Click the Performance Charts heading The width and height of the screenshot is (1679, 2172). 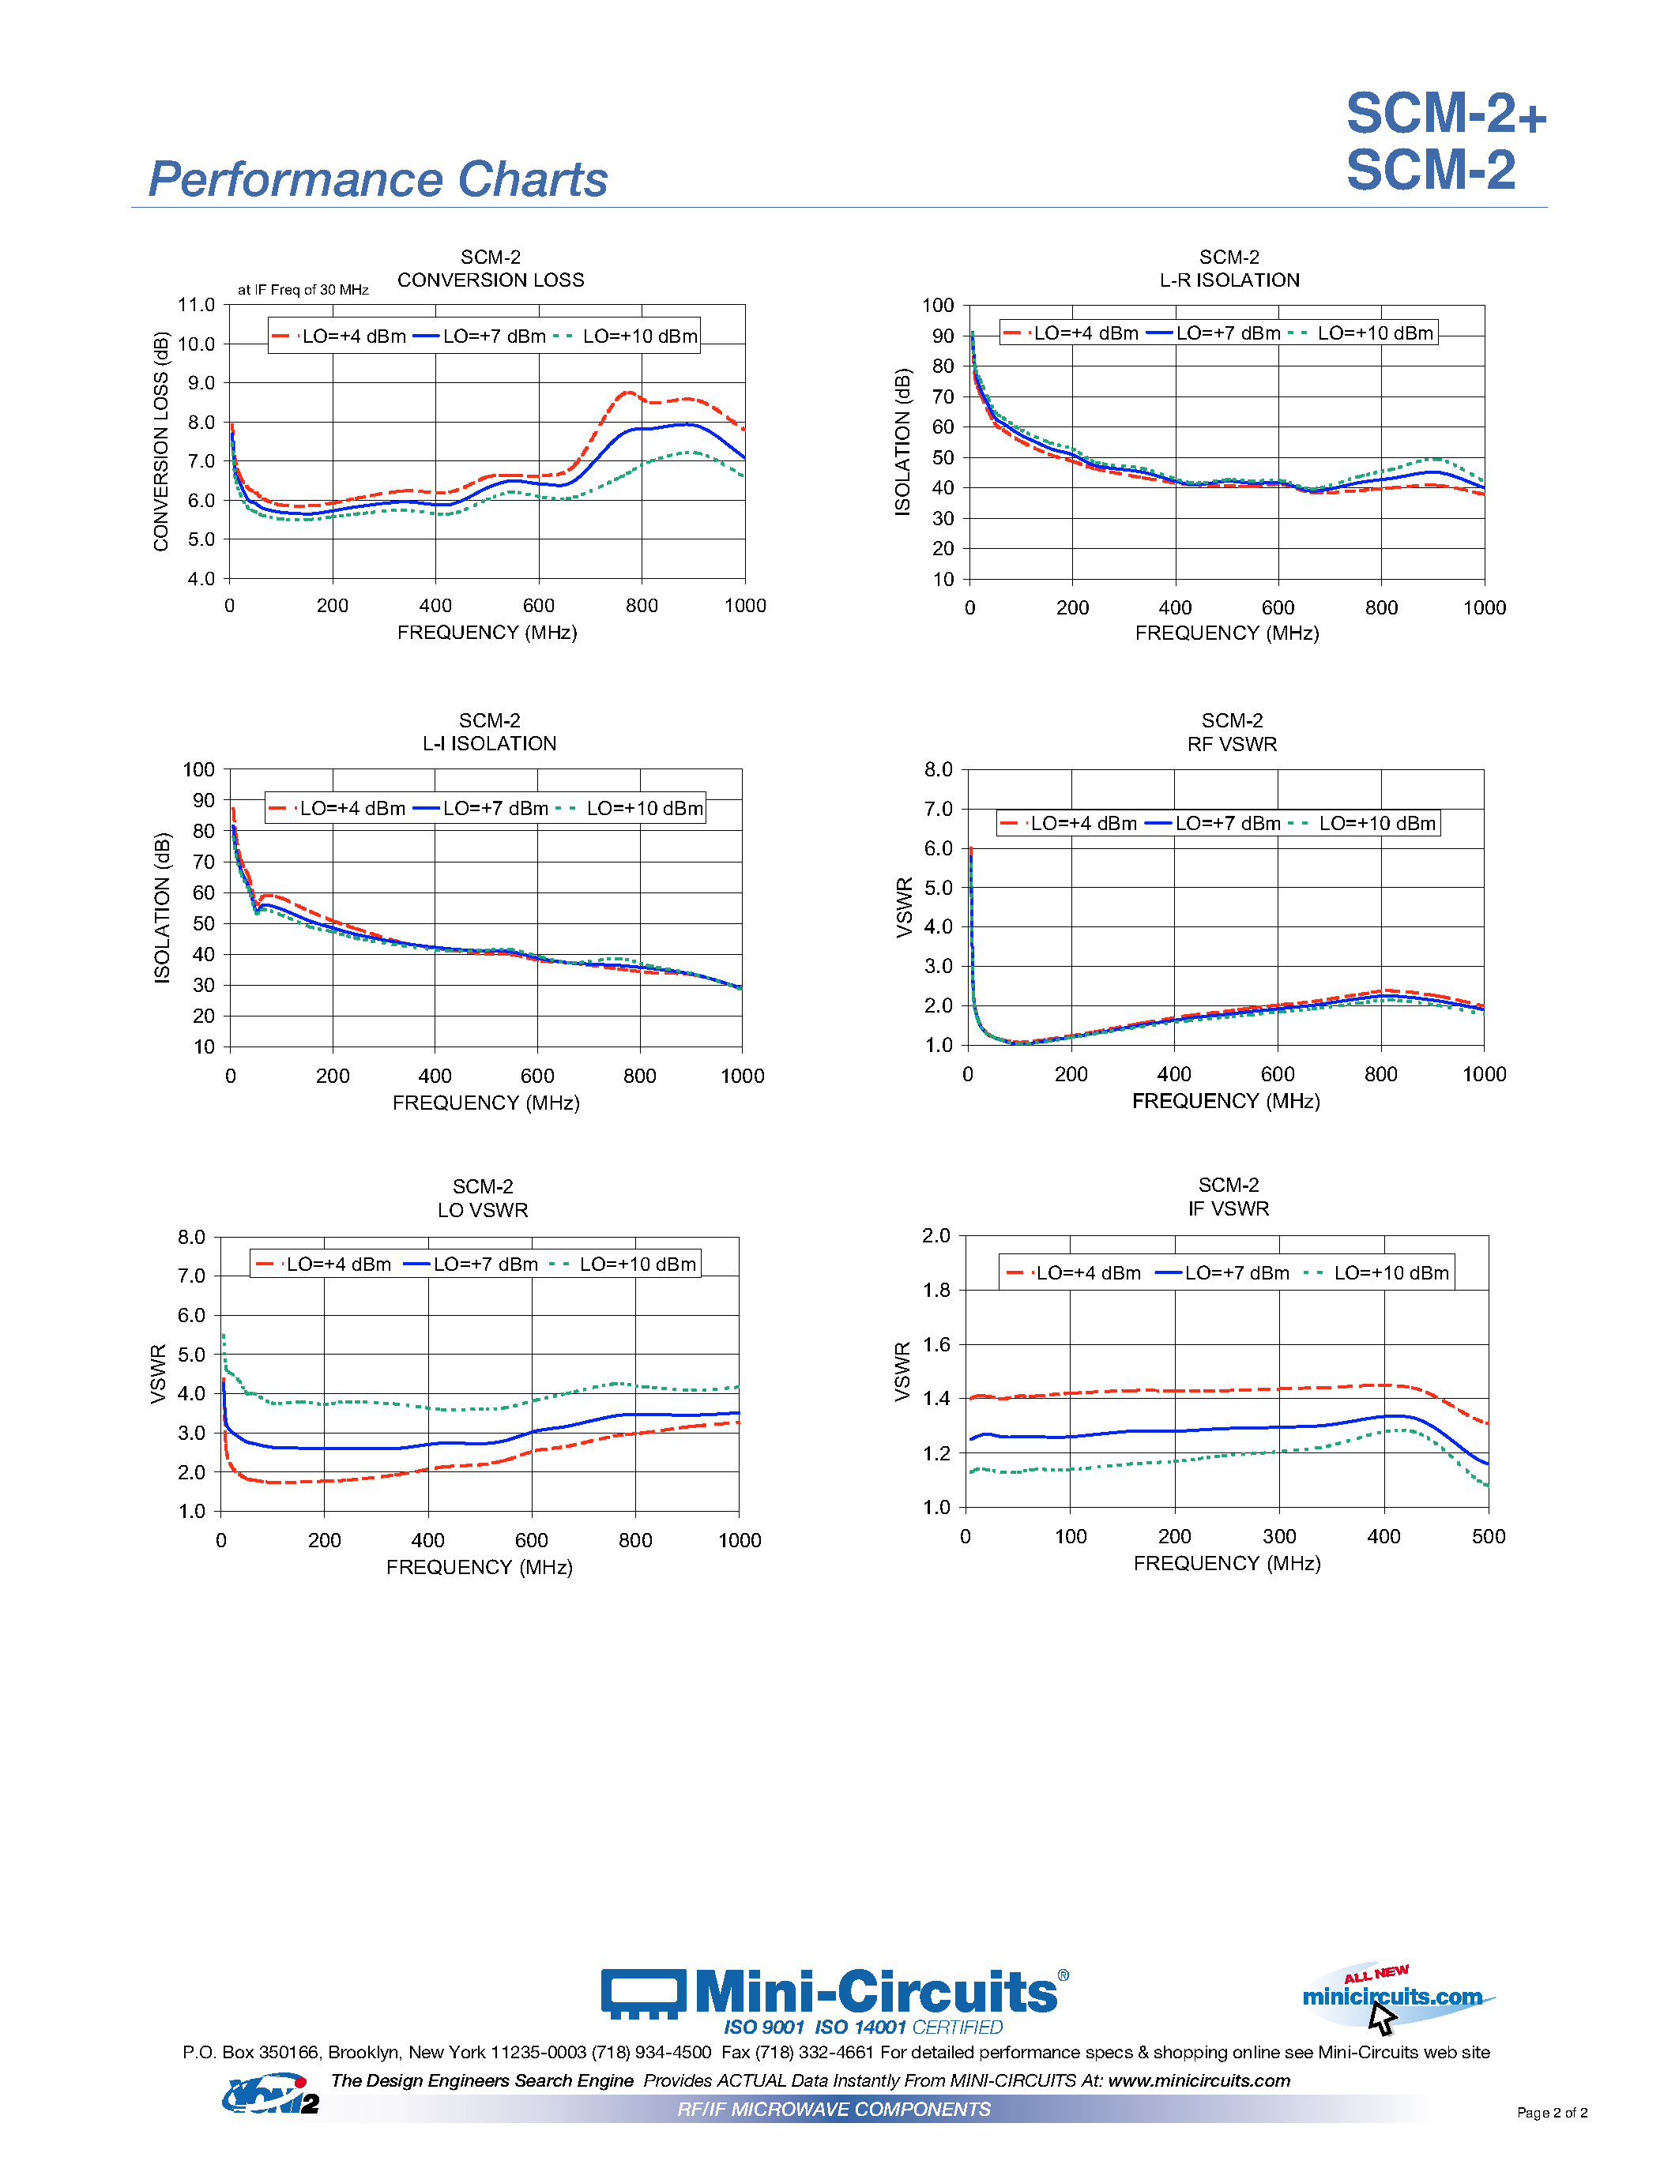coord(377,180)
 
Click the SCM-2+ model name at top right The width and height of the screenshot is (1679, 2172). coord(1445,114)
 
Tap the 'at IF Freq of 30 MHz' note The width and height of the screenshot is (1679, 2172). coord(303,289)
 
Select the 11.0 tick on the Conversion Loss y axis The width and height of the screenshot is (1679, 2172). coord(196,304)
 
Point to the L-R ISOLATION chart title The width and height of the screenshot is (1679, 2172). coord(1229,280)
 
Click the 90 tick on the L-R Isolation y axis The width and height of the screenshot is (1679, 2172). coord(942,336)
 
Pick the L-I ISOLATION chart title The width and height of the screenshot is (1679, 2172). coord(488,744)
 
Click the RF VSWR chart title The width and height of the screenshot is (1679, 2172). coord(1232,744)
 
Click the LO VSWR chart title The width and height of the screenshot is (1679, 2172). coord(483,1210)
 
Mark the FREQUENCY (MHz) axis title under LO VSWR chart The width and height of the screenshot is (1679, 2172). coord(479,1567)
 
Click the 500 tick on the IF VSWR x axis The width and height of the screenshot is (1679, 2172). coord(1488,1536)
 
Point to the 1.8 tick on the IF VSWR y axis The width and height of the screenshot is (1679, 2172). coord(936,1290)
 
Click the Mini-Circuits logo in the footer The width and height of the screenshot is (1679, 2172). coord(834,1993)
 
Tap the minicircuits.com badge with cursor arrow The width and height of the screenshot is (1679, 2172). coord(1392,1997)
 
